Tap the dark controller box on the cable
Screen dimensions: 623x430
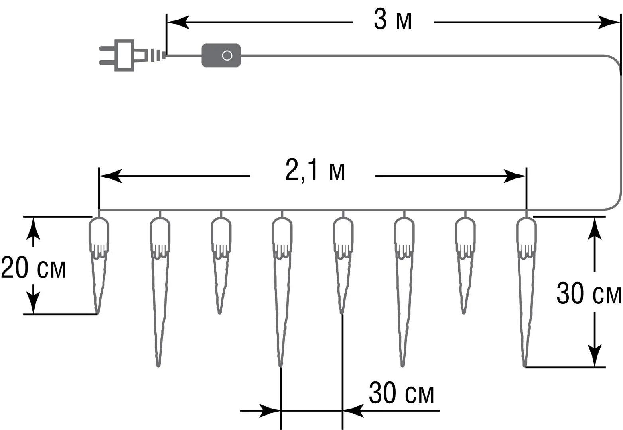click(x=221, y=55)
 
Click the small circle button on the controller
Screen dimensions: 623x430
click(x=227, y=55)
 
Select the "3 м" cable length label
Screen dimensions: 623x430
click(x=393, y=21)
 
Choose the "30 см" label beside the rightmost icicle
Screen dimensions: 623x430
click(x=589, y=294)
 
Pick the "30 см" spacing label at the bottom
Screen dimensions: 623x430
click(x=401, y=393)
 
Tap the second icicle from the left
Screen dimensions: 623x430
click(x=160, y=287)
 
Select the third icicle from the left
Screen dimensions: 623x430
click(x=221, y=263)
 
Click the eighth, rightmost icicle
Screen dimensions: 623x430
click(x=526, y=287)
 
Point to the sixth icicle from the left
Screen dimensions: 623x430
click(x=404, y=287)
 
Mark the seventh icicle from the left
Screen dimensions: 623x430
click(x=465, y=263)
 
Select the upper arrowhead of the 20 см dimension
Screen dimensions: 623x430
click(x=33, y=230)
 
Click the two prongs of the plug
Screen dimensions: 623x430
click(x=106, y=55)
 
